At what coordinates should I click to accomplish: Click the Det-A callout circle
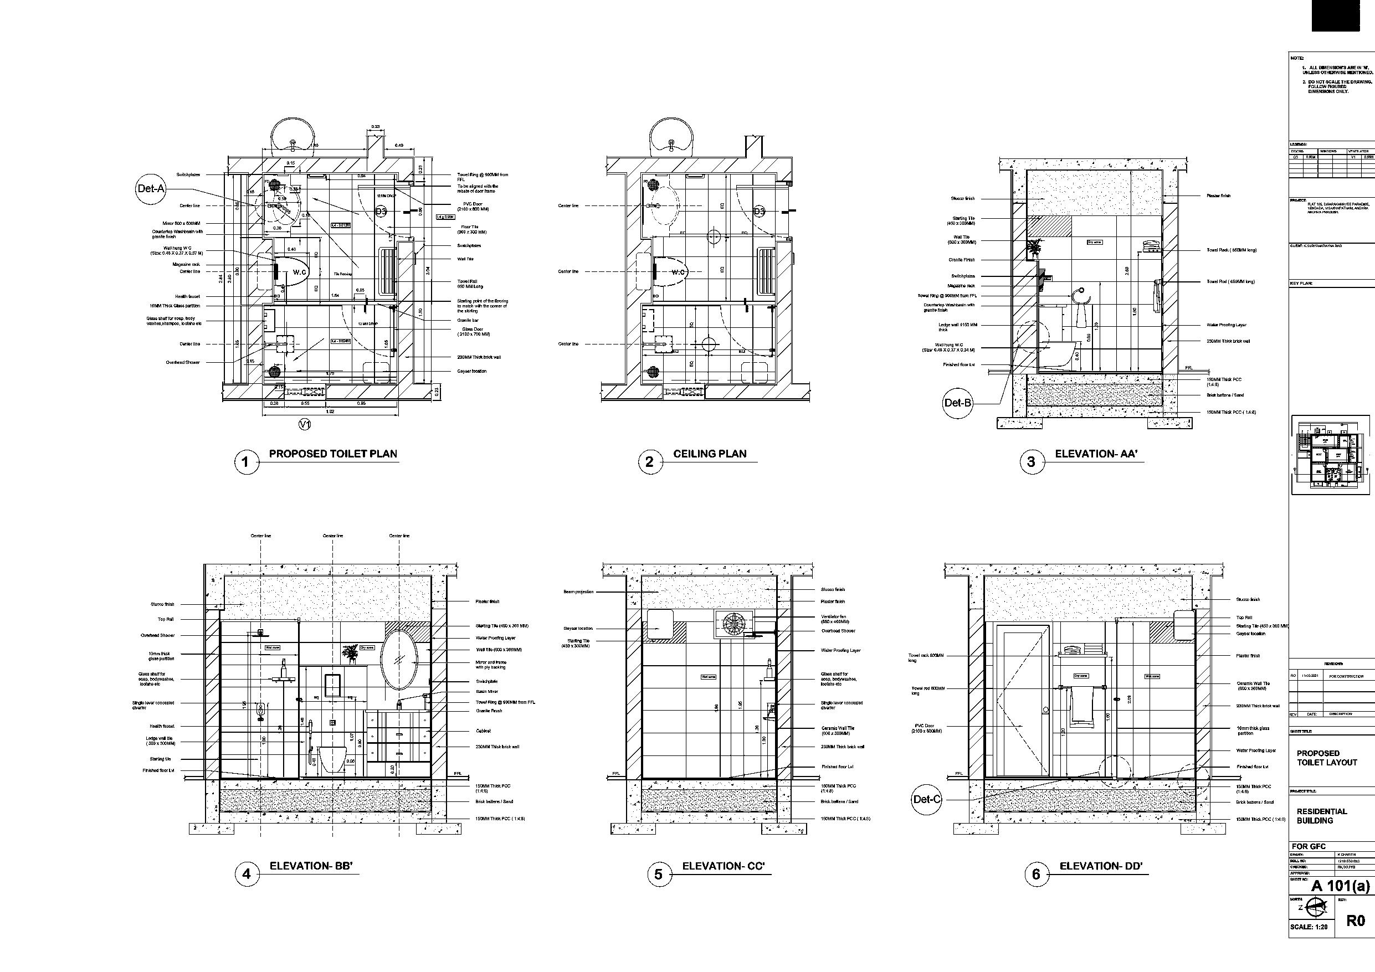pyautogui.click(x=150, y=189)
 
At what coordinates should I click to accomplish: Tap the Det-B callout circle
pyautogui.click(x=958, y=403)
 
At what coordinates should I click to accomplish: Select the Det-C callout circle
pyautogui.click(x=926, y=799)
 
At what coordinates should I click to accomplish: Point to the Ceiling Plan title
pyautogui.click(x=710, y=454)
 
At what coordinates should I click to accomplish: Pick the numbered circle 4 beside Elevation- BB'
pyautogui.click(x=246, y=875)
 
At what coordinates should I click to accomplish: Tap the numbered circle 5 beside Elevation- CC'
pyautogui.click(x=658, y=875)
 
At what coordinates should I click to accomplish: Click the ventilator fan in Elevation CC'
pyautogui.click(x=733, y=624)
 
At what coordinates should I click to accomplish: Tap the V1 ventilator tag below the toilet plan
pyautogui.click(x=305, y=425)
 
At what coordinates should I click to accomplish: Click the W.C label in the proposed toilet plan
pyautogui.click(x=300, y=272)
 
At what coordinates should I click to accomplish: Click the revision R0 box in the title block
pyautogui.click(x=1355, y=920)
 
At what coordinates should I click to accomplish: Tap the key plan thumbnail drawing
pyautogui.click(x=1330, y=455)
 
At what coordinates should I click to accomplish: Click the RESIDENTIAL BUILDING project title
pyautogui.click(x=1322, y=816)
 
